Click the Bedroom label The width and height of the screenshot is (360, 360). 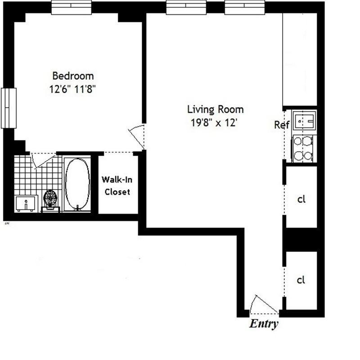tap(73, 76)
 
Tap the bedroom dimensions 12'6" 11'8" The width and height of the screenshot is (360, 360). tap(73, 89)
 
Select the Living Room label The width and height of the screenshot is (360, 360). tap(215, 109)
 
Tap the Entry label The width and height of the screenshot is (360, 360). tap(264, 324)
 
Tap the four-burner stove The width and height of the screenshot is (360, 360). tap(302, 148)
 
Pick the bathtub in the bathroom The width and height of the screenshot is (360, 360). tap(77, 184)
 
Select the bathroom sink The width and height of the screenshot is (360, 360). tap(26, 203)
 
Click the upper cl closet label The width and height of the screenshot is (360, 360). tap(301, 199)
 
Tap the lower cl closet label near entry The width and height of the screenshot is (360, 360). tap(301, 280)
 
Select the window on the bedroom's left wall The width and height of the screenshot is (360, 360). tap(9, 108)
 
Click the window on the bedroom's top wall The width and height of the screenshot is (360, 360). tap(71, 8)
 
